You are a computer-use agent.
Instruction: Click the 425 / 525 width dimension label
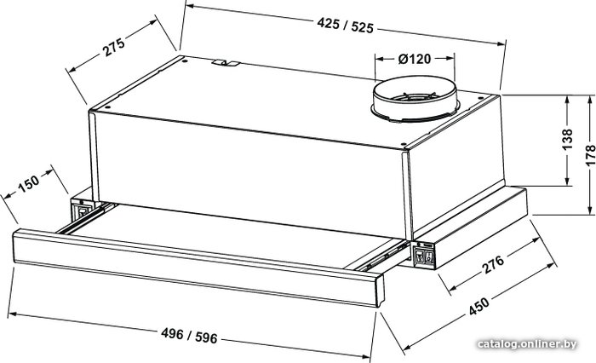[345, 26]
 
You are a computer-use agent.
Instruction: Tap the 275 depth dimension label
[113, 47]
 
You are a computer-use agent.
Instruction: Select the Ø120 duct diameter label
[415, 59]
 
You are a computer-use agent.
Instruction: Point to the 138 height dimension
[567, 140]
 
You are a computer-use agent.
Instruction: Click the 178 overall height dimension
[590, 155]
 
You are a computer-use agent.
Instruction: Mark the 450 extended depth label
[479, 306]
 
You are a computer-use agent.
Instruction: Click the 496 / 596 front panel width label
[189, 336]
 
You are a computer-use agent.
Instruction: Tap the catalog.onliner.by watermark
[527, 345]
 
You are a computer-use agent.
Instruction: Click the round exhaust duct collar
[415, 100]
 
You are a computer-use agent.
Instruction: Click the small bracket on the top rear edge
[226, 63]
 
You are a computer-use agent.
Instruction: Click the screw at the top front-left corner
[107, 107]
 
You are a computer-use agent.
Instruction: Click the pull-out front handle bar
[198, 267]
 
